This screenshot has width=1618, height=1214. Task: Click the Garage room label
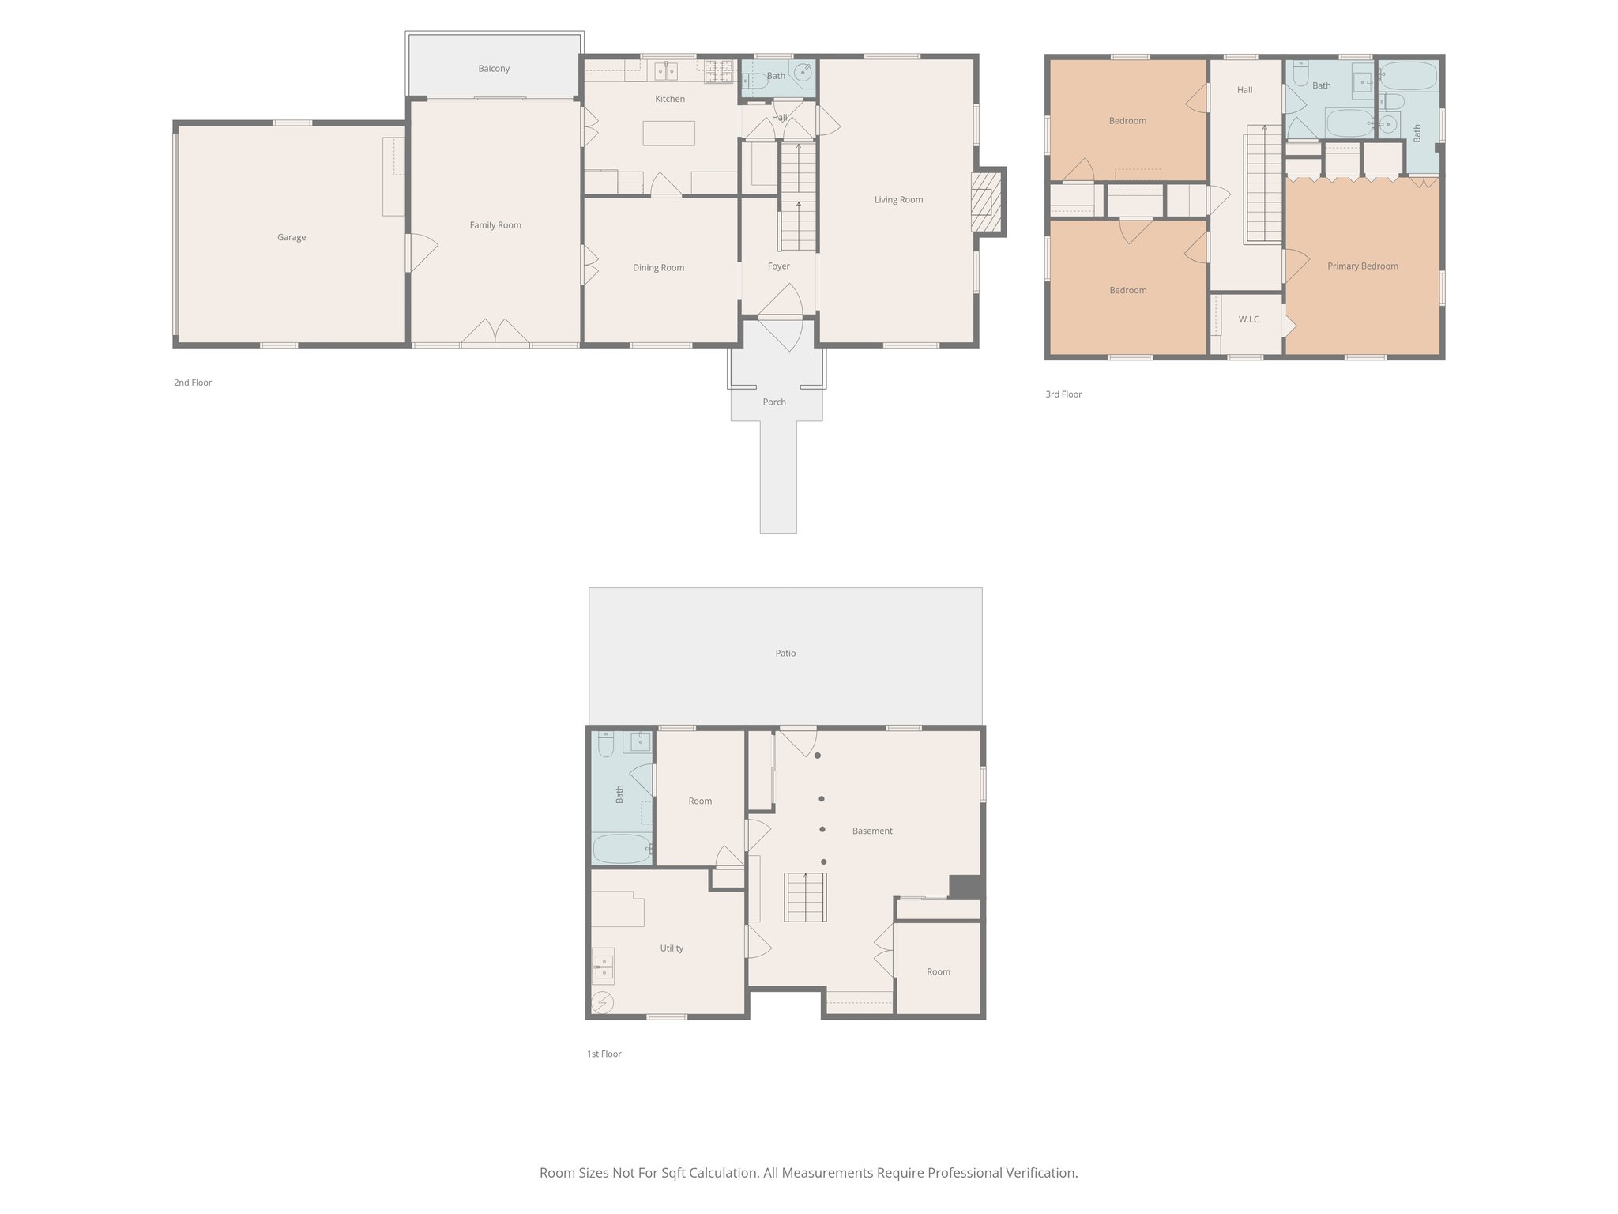291,237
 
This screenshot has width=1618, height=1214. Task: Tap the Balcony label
494,69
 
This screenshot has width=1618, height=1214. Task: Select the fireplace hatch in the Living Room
984,202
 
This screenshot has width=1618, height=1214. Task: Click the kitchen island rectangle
668,133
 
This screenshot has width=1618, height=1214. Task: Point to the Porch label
773,402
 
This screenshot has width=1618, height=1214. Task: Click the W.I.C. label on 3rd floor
1249,319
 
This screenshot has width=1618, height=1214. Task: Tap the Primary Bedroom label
1362,266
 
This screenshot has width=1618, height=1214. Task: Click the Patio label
785,653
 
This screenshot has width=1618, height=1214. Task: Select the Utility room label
672,948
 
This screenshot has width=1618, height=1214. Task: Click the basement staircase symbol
805,897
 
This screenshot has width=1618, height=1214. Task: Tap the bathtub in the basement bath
623,849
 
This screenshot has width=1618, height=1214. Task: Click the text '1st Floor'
604,1054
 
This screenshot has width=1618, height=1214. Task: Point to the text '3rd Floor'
1063,394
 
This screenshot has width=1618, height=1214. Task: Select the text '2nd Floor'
193,383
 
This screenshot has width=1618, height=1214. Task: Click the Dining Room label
658,268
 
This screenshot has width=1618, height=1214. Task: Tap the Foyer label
778,266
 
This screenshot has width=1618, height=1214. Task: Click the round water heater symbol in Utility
603,1002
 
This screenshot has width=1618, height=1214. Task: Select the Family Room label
495,225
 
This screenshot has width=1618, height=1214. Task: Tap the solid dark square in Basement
965,887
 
